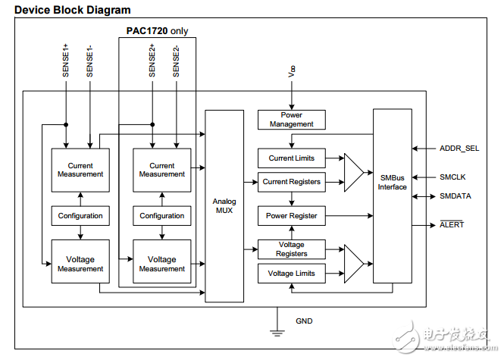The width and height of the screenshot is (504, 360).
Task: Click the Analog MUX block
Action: click(224, 205)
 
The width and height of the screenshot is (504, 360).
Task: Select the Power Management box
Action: click(291, 120)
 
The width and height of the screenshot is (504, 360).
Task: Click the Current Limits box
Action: click(291, 158)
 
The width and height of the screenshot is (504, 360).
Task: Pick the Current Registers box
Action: click(291, 182)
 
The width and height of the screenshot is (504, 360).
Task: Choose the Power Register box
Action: click(291, 216)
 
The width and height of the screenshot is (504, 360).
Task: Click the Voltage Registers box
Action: click(291, 249)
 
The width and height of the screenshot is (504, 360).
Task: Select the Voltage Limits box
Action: click(291, 273)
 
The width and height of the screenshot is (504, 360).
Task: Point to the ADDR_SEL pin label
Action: click(459, 149)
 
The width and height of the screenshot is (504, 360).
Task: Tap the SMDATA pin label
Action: click(455, 196)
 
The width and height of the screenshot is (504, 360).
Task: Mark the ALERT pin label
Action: click(452, 224)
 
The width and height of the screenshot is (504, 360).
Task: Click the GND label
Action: click(304, 321)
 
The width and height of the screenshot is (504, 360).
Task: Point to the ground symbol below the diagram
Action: click(278, 331)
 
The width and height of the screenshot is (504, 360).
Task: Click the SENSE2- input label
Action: click(176, 60)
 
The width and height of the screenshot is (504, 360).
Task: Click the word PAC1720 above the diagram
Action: click(147, 31)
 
